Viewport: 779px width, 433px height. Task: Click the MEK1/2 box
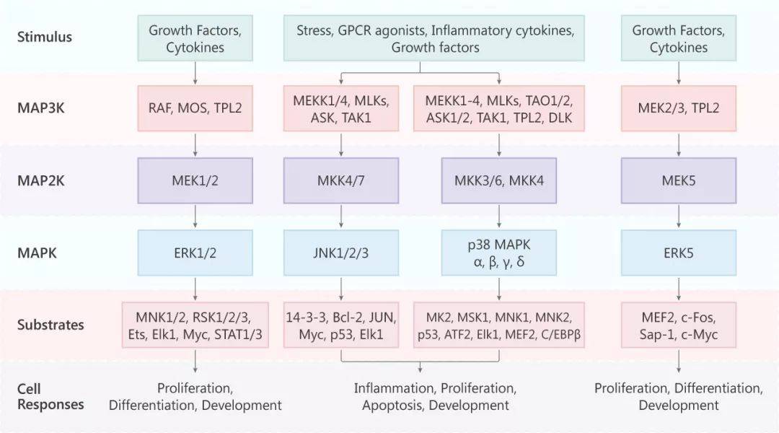(195, 180)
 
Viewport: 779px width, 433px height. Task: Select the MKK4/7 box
(340, 180)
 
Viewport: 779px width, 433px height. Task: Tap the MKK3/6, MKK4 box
(499, 180)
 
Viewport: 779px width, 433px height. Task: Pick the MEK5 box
(679, 180)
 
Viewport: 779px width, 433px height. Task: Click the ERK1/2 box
(195, 253)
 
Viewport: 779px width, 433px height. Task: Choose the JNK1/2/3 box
(340, 253)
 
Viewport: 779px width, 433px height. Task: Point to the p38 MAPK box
(499, 253)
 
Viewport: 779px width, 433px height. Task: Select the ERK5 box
(679, 253)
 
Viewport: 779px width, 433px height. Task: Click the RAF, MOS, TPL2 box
(195, 108)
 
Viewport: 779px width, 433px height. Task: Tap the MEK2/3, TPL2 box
(679, 108)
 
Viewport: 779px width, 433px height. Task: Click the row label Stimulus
(45, 37)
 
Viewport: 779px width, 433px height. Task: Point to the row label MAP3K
(40, 108)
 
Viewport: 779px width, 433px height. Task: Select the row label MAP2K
(40, 180)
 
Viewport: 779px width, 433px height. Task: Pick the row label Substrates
(50, 325)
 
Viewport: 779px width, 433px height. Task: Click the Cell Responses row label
(50, 396)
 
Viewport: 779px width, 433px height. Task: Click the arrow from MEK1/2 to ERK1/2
(195, 216)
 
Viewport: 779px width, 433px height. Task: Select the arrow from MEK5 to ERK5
(679, 216)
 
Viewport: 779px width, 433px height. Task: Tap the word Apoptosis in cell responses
(392, 405)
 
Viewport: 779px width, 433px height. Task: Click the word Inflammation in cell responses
(395, 388)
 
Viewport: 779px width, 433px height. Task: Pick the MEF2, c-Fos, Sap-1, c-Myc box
(679, 325)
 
